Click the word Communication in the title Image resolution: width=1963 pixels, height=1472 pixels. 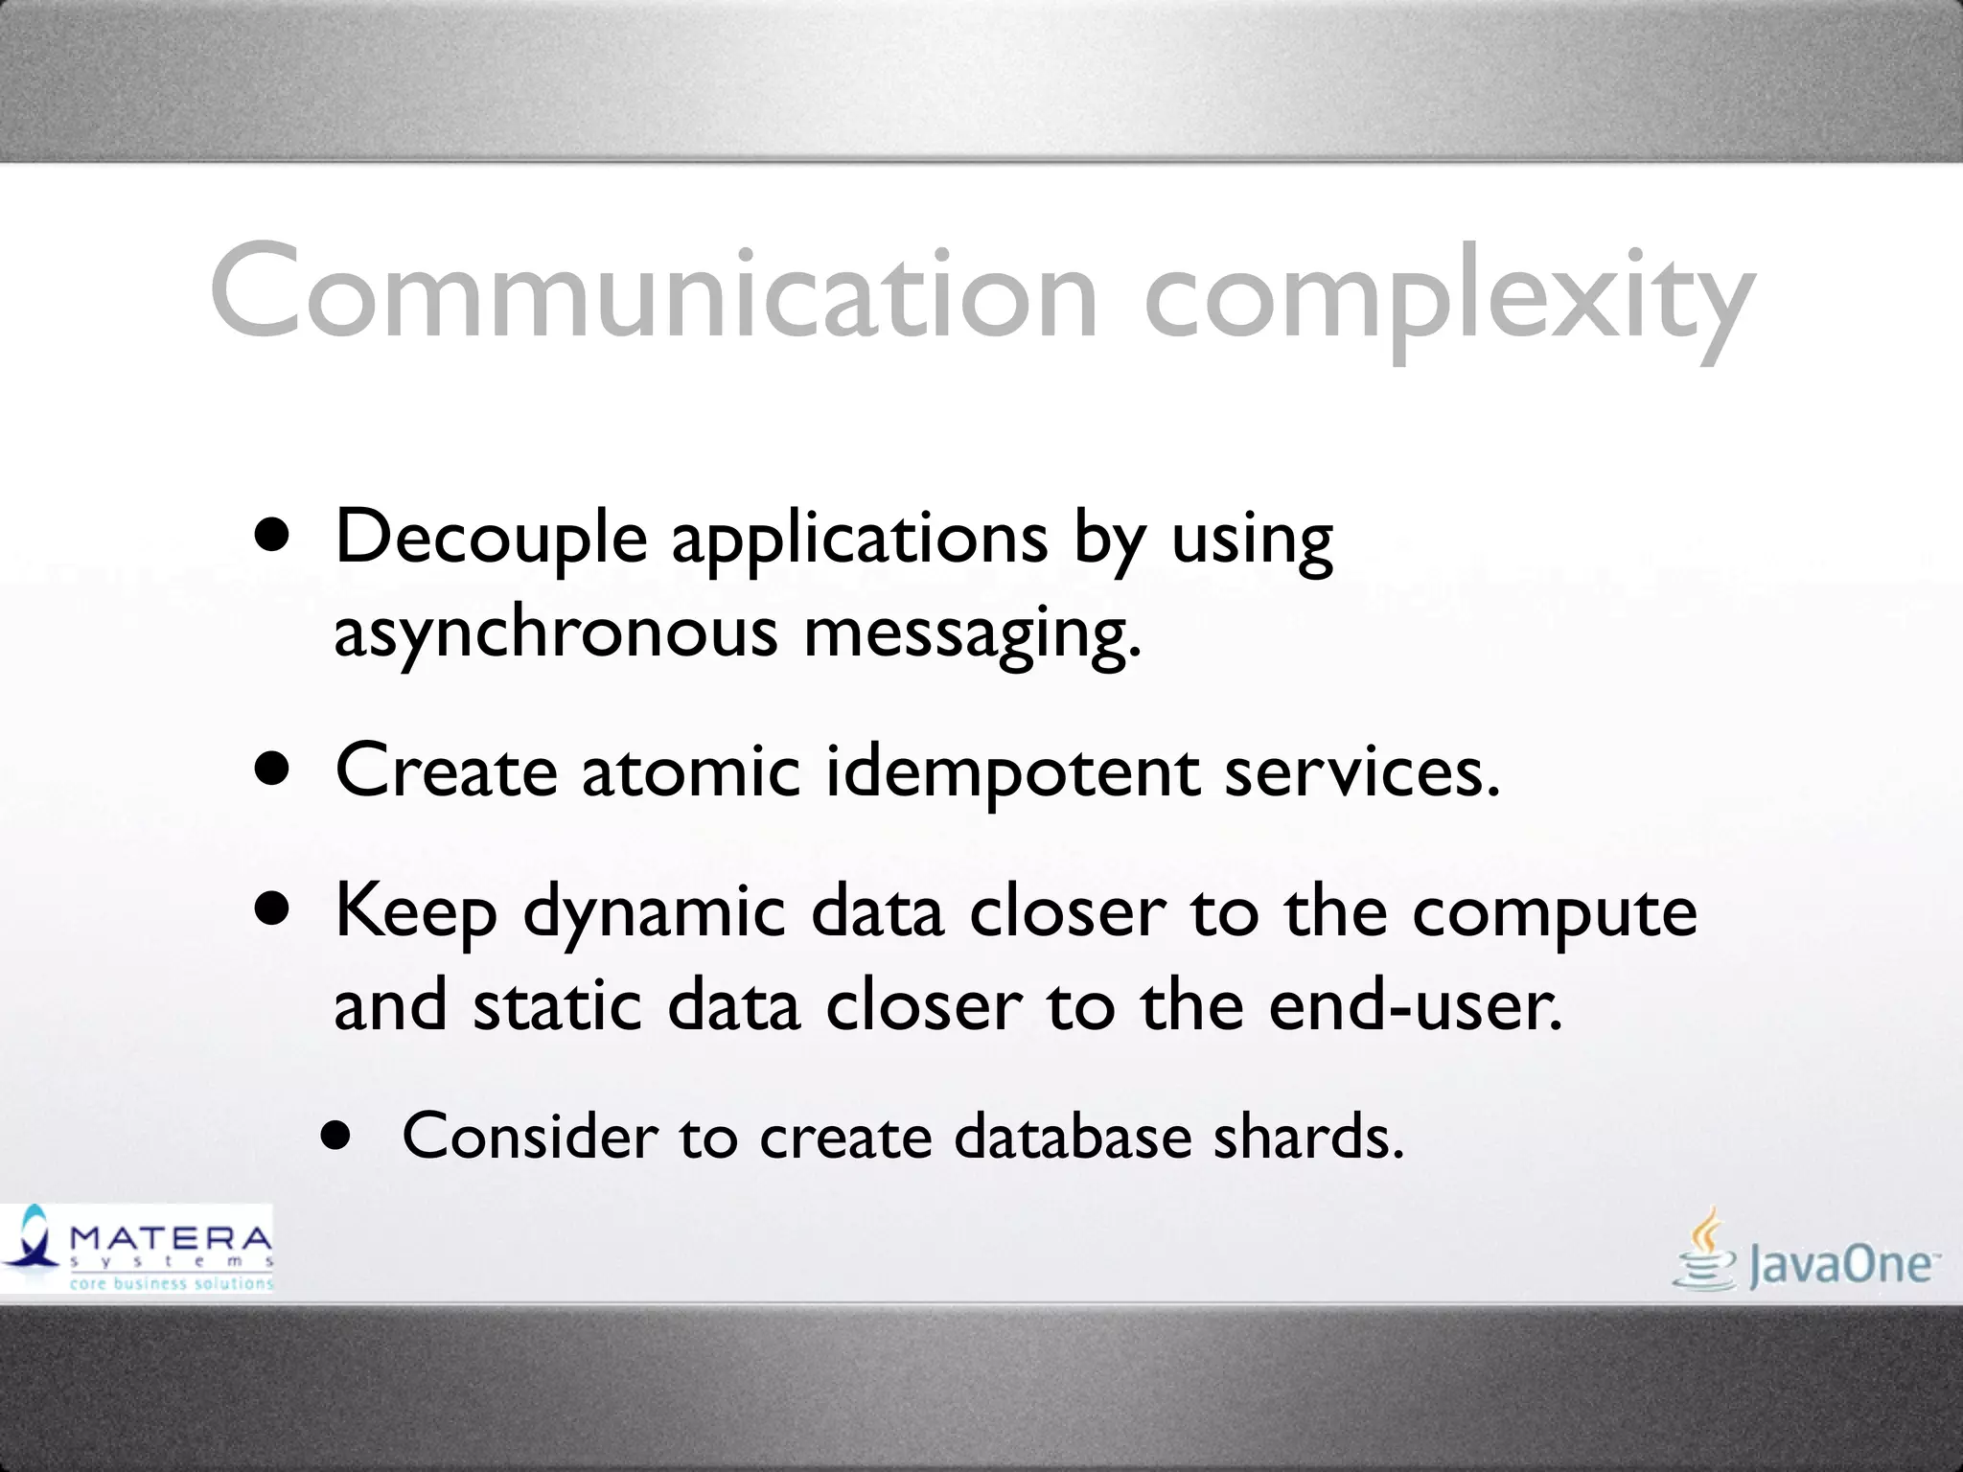click(x=653, y=292)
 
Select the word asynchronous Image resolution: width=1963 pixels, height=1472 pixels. click(x=555, y=634)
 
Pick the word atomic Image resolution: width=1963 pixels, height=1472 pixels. click(x=690, y=772)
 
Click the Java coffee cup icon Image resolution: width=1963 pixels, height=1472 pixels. click(x=1704, y=1252)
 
